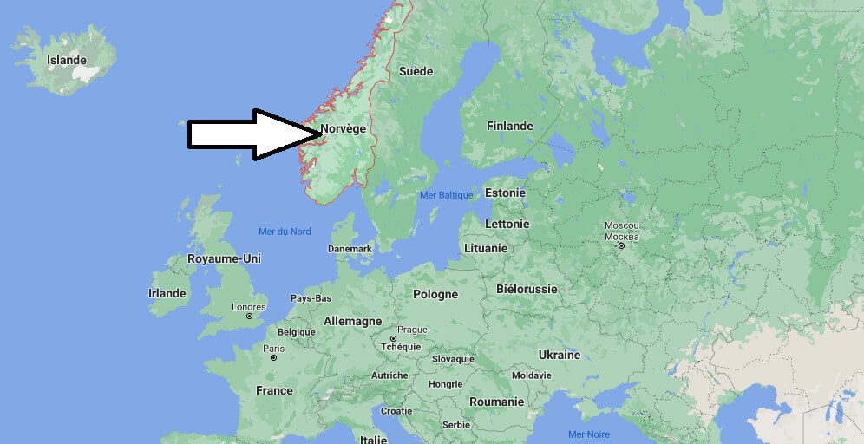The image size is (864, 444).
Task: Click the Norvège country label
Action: pos(344,129)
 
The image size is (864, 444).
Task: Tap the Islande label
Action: pos(68,60)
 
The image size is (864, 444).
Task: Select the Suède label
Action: pos(416,71)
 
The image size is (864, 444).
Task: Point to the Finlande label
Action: pos(509,126)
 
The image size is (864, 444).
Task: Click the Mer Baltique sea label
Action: pos(446,195)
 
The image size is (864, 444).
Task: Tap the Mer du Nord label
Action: pos(285,232)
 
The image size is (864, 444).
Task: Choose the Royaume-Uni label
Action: pos(224,258)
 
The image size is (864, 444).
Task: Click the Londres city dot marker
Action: pos(249,317)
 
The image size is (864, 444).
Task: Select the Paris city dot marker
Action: pos(273,357)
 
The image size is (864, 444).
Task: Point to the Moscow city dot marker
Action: pos(621,246)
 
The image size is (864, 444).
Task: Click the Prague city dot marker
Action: pos(393,339)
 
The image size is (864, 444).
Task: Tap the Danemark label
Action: pos(350,249)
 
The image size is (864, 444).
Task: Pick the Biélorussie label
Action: pos(527,289)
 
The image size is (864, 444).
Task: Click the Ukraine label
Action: pos(560,355)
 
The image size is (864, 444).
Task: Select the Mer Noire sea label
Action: pos(588,434)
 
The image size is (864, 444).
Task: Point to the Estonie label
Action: pos(505,193)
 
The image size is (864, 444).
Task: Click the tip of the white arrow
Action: pos(324,134)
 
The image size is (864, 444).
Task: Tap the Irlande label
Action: pos(167,293)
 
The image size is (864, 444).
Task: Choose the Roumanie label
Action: pos(496,402)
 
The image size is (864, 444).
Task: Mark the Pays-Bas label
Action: pos(311,298)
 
